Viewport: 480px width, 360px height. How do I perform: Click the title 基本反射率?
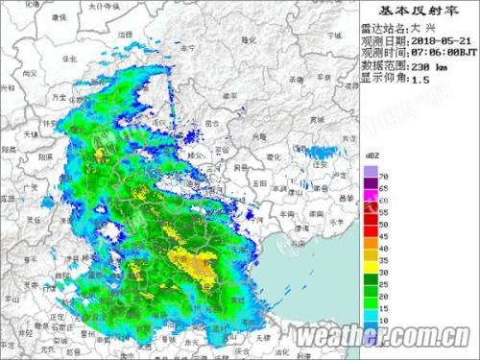coord(420,10)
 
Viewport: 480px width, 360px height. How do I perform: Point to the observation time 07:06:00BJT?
coord(442,56)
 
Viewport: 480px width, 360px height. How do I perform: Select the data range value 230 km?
coord(428,68)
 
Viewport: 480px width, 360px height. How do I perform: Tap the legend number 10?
coord(384,317)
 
